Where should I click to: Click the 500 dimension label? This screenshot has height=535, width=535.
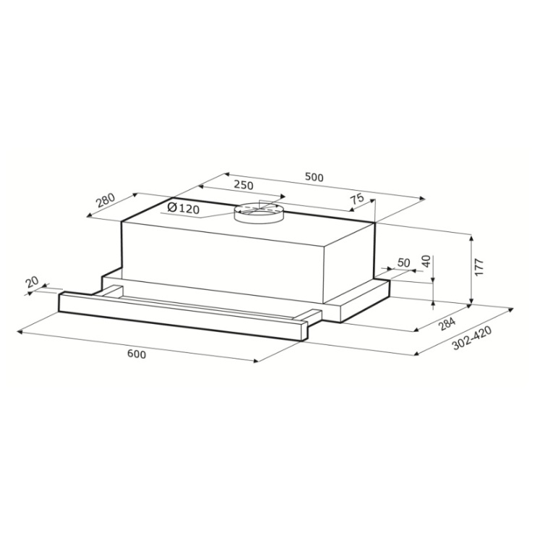[314, 177]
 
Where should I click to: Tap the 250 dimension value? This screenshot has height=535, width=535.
[244, 185]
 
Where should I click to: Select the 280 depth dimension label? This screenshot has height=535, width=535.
[106, 200]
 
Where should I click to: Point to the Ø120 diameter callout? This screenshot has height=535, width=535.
[184, 207]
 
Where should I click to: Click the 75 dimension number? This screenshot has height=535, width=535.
[358, 199]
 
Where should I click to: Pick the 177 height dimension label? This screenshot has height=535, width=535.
[479, 267]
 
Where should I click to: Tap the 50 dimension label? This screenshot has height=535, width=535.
[403, 262]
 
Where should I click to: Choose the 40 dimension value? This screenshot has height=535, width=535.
[427, 262]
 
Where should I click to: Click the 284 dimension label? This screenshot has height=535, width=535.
[447, 324]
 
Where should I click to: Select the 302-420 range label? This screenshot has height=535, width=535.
[472, 338]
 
